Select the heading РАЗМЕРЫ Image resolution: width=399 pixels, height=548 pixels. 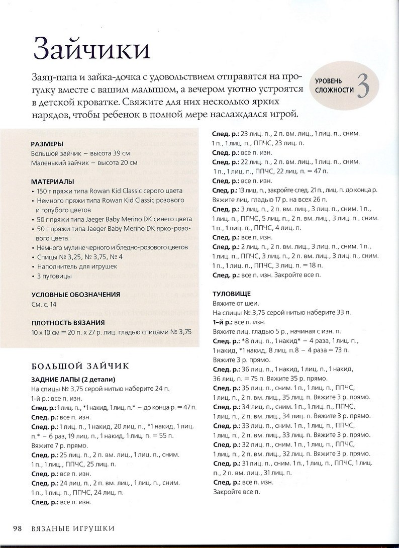pos(47,144)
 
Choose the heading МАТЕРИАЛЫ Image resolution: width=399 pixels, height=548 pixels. pos(52,181)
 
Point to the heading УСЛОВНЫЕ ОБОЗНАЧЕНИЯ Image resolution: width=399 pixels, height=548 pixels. pos(75,295)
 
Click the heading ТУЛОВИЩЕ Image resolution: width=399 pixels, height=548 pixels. pos(231,293)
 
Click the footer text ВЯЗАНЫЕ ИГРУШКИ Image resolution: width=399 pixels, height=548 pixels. pos(73,528)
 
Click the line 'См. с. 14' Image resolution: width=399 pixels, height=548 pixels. pos(44,305)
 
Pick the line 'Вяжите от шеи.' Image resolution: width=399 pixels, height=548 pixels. pos(236,303)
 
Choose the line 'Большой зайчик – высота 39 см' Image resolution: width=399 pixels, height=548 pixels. pos(80,153)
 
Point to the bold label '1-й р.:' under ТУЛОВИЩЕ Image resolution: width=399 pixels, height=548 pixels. pos(223,322)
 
